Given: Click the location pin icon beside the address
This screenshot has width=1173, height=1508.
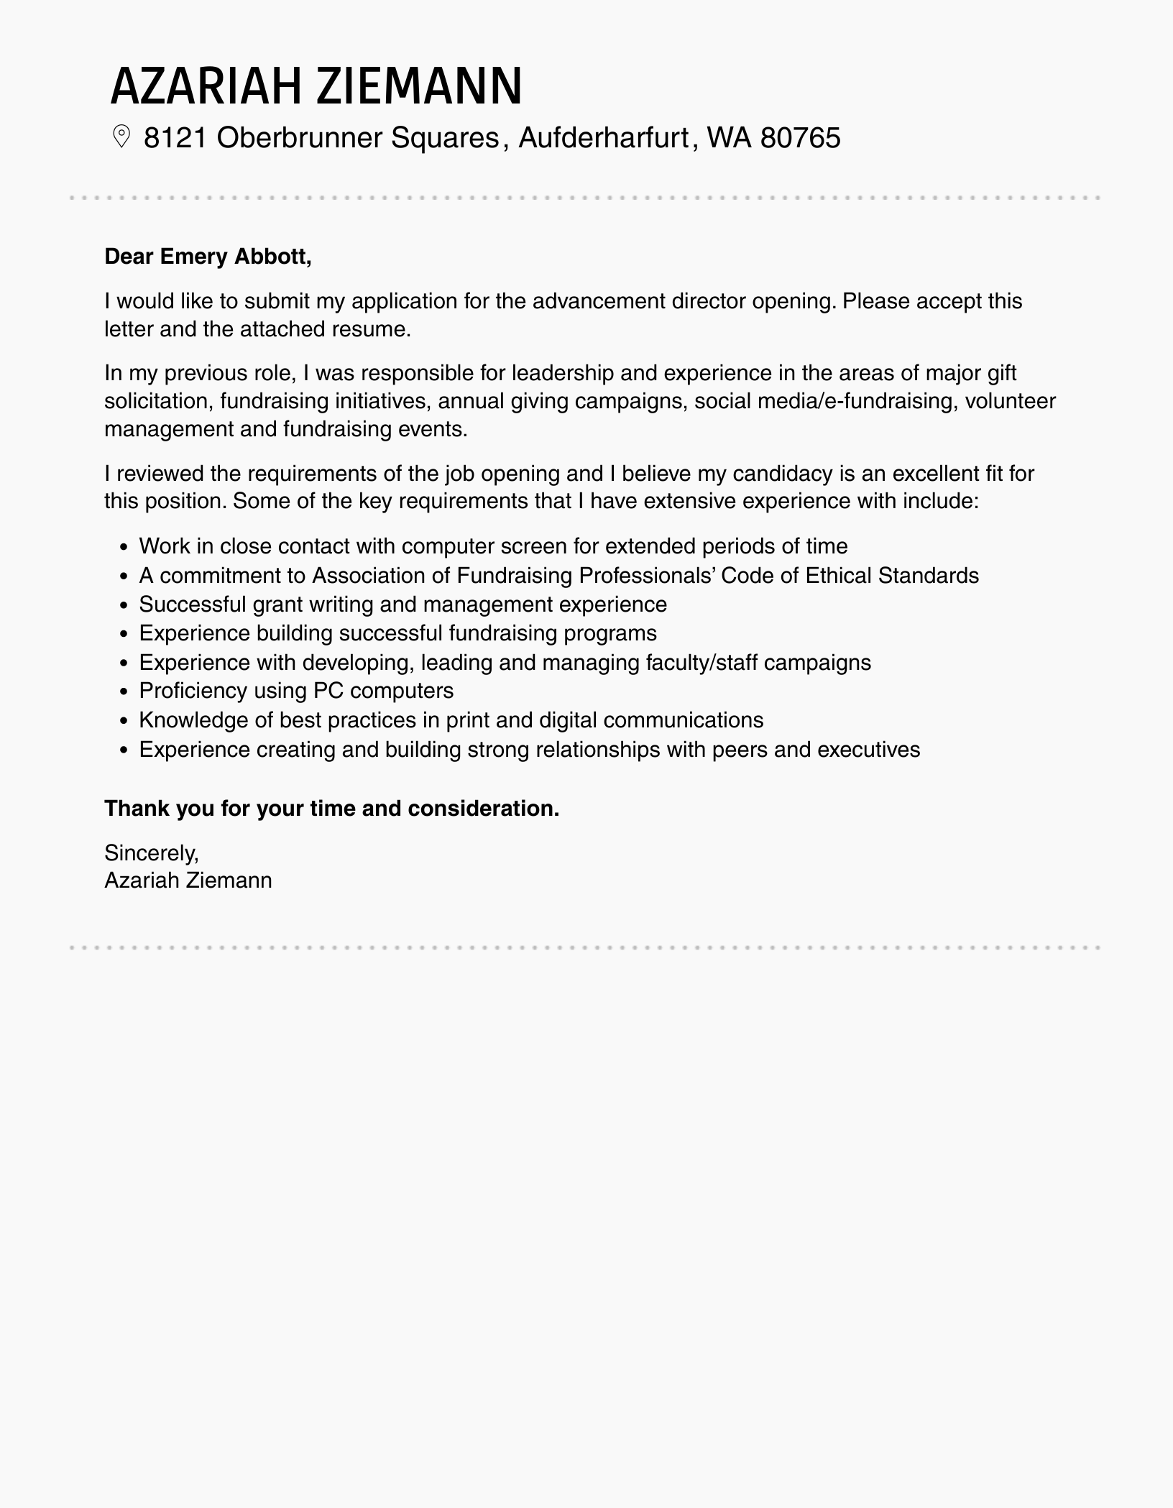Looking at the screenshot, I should tap(121, 137).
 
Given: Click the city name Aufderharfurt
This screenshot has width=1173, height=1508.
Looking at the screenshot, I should tap(604, 137).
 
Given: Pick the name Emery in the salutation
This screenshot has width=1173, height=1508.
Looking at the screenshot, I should tap(185, 257).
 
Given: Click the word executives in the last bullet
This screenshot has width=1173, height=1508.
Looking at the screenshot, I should tap(869, 750).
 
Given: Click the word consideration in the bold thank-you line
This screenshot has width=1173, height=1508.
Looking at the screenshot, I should tap(483, 809).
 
